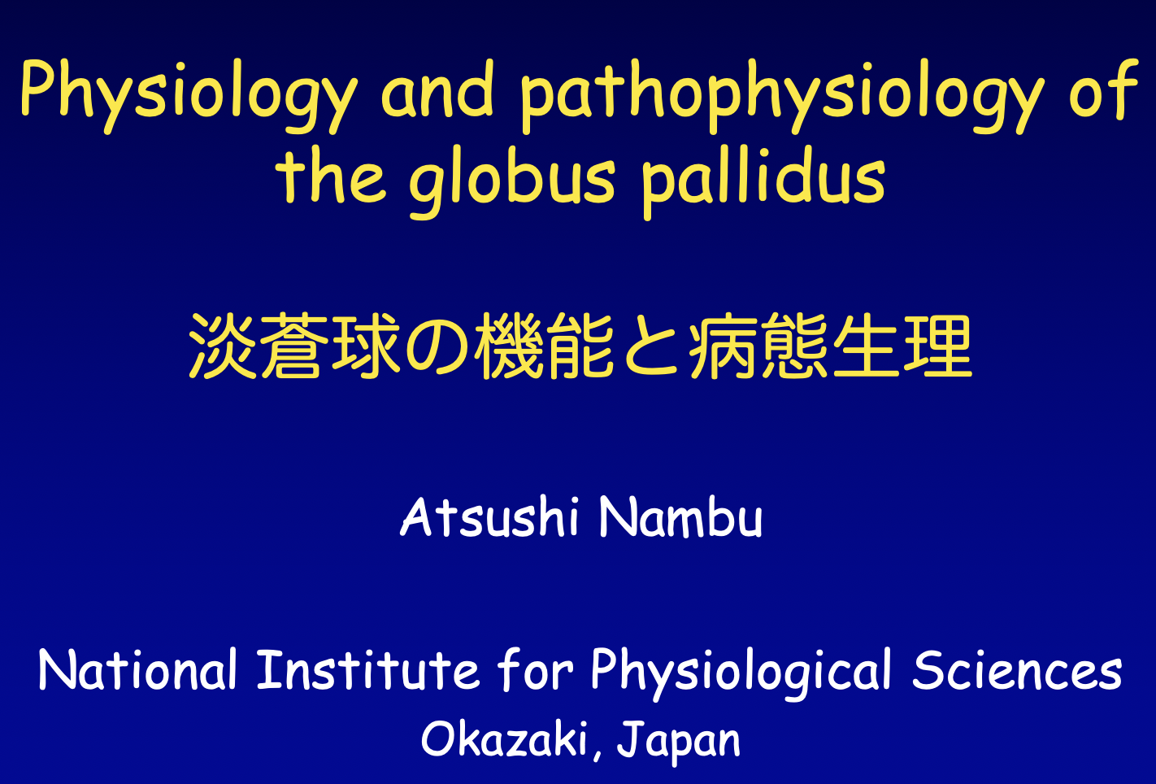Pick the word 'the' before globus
(x=331, y=175)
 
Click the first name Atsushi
(x=489, y=517)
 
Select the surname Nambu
(x=680, y=517)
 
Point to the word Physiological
(x=741, y=673)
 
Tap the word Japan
(x=679, y=743)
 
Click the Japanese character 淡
(x=224, y=346)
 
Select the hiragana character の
(x=437, y=346)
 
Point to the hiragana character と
(x=651, y=346)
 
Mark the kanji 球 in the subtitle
(x=366, y=346)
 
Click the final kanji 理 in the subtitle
(x=937, y=346)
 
